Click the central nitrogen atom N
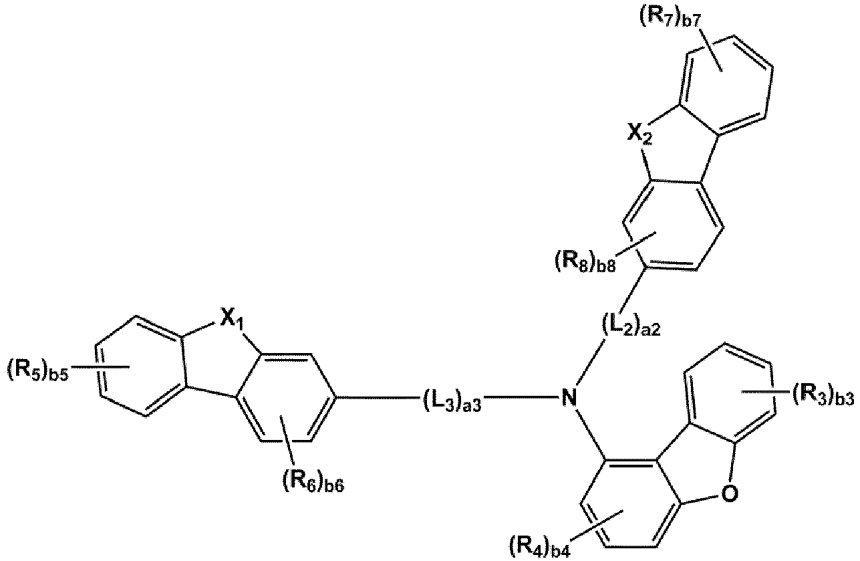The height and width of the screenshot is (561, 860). pos(569,399)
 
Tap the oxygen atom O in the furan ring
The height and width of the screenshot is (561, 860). pos(730,493)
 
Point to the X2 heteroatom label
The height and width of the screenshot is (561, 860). pos(639,134)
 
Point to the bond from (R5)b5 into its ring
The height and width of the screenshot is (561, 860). pos(100,368)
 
